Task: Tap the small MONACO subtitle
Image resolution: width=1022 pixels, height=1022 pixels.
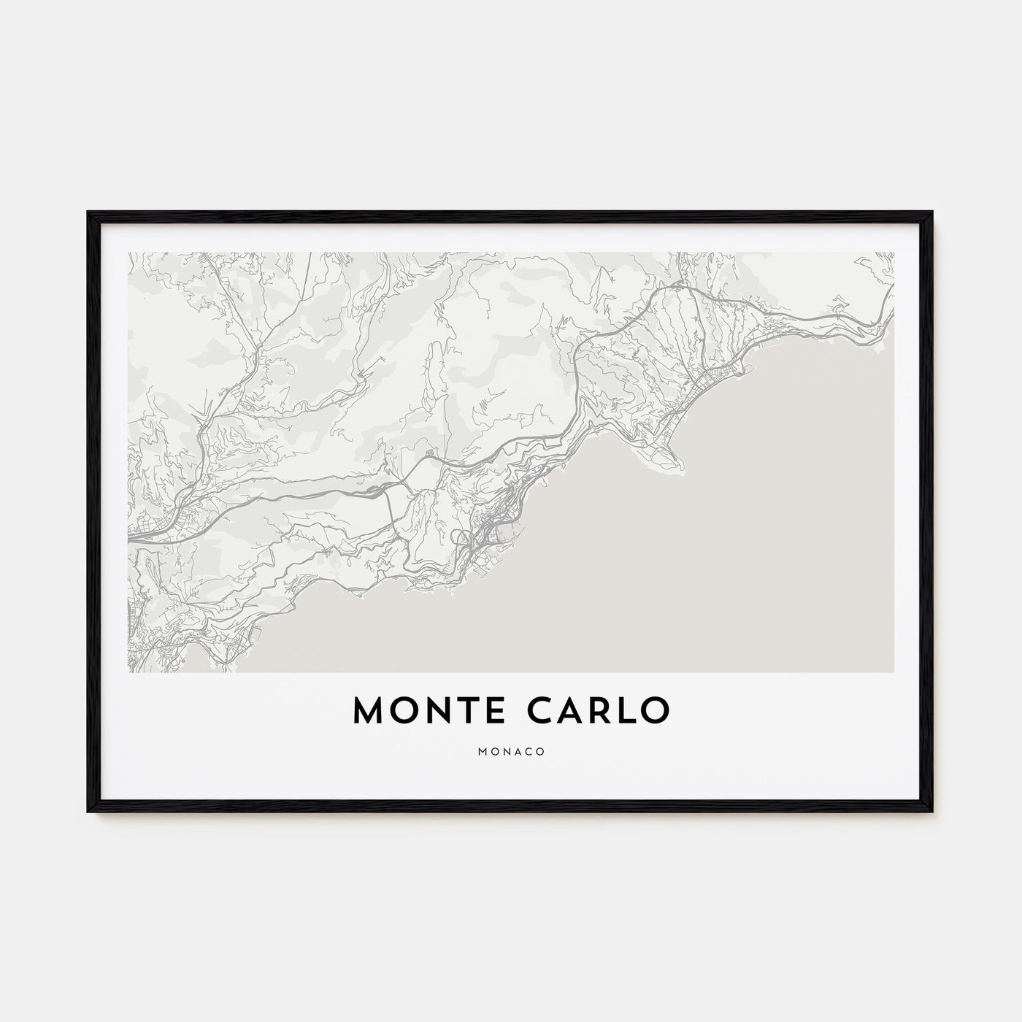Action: (511, 751)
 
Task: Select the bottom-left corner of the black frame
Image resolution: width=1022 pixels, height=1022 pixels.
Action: (89, 812)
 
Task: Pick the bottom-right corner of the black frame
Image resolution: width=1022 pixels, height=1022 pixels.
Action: (932, 812)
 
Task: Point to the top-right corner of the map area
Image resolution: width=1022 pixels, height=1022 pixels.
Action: (894, 253)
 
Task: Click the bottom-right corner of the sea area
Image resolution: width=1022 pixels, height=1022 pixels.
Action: (893, 671)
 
